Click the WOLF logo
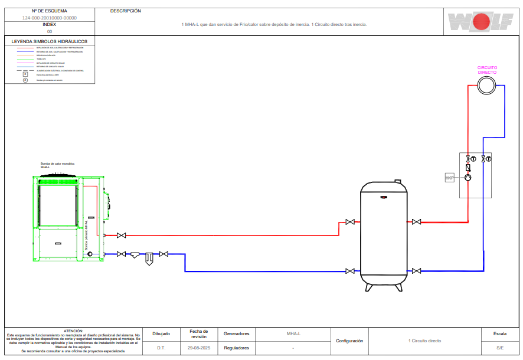tap(479, 22)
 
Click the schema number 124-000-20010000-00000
tap(50, 18)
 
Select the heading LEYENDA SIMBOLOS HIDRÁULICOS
tap(50, 42)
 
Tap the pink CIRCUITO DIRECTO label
tap(487, 70)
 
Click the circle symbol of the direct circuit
tap(486, 86)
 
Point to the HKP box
tap(449, 177)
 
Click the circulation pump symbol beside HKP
tap(468, 177)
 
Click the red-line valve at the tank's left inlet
tap(350, 222)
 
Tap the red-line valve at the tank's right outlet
tap(417, 222)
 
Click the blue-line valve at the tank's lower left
tap(350, 271)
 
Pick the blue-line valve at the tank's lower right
tap(417, 271)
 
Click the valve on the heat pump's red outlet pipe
tap(121, 235)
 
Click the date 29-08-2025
tap(199, 348)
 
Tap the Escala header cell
tap(499, 334)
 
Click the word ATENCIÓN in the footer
tap(73, 331)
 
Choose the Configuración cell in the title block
tap(349, 341)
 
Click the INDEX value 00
tap(50, 31)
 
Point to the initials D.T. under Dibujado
tap(161, 348)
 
